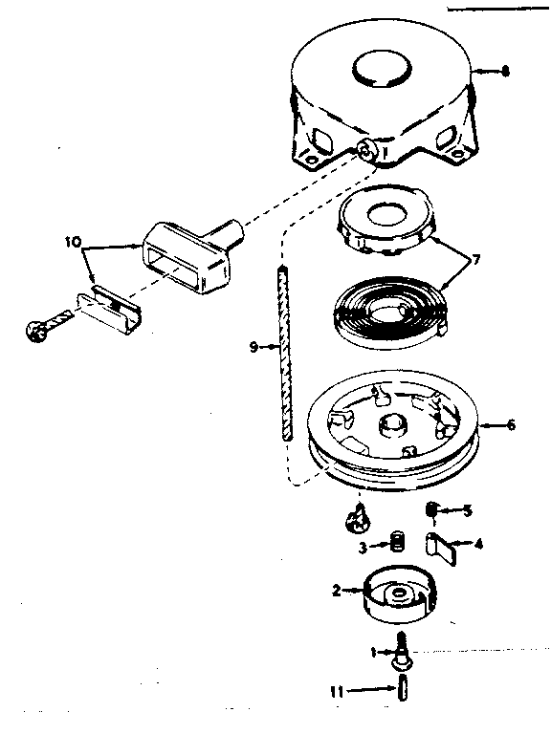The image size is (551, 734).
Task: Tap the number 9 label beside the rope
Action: tap(253, 348)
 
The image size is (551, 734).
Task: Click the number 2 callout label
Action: tap(337, 591)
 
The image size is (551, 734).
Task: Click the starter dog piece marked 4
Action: tap(440, 549)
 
